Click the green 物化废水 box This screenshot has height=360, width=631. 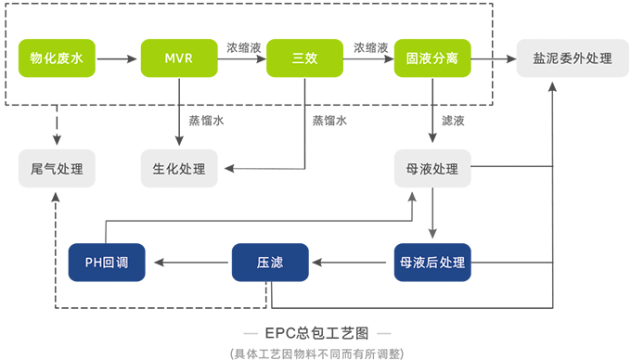(57, 58)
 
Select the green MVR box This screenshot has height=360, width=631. (178, 58)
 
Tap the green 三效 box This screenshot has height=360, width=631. (304, 58)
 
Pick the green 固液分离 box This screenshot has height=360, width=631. (431, 58)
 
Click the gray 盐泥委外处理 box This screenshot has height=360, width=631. (559, 58)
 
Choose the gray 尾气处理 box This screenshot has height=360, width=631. (57, 169)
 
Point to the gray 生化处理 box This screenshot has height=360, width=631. (178, 169)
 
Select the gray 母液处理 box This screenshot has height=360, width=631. (431, 169)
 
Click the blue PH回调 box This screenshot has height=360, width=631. (105, 263)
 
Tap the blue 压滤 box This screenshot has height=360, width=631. (269, 263)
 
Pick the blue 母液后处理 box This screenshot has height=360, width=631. (431, 263)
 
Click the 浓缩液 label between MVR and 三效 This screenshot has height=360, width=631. (244, 46)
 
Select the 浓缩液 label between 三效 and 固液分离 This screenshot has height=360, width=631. (370, 46)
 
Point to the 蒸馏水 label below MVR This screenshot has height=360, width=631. (206, 121)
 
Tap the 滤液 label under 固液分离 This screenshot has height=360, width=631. (453, 121)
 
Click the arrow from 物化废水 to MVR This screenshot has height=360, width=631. (117, 58)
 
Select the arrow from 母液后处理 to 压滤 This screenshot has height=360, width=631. (351, 263)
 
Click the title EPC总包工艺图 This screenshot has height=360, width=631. (316, 331)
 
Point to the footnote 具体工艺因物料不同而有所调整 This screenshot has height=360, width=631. (316, 352)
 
